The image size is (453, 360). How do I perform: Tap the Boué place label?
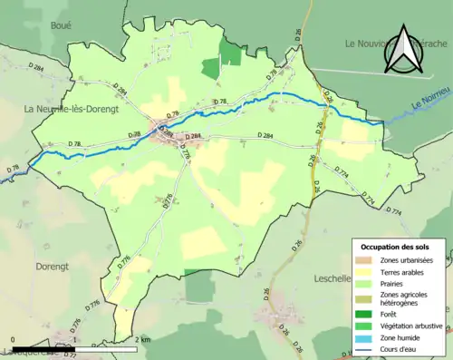61,26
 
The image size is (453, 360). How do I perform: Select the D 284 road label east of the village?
265,135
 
